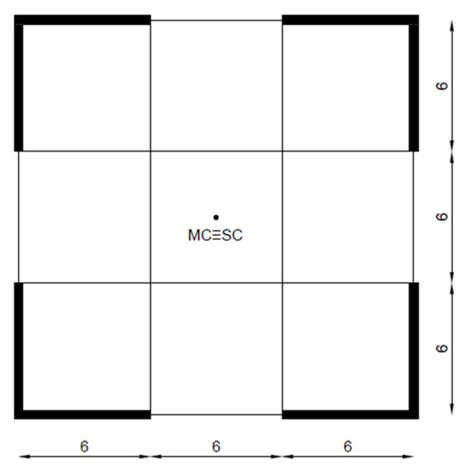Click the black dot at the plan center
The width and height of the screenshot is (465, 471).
pyautogui.click(x=215, y=218)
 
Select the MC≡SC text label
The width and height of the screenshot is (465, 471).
pyautogui.click(x=215, y=235)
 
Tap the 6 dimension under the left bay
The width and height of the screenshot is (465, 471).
pyautogui.click(x=84, y=445)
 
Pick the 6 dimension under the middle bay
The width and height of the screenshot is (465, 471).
pyautogui.click(x=215, y=445)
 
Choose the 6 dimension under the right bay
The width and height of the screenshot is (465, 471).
pyautogui.click(x=347, y=445)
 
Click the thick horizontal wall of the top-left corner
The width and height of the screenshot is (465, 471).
pyautogui.click(x=84, y=20)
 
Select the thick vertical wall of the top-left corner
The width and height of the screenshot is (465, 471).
pyautogui.click(x=18, y=85)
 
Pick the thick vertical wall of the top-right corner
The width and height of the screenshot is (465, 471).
pyautogui.click(x=414, y=85)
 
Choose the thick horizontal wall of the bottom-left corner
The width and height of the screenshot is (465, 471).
pyautogui.click(x=84, y=414)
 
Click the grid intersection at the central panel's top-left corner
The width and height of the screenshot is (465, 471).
pyautogui.click(x=150, y=151)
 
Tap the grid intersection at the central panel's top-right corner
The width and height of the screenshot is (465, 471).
pyautogui.click(x=282, y=151)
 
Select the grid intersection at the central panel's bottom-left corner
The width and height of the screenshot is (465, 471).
pyautogui.click(x=150, y=283)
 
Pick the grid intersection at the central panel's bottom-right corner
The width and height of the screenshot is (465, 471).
pyautogui.click(x=282, y=283)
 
